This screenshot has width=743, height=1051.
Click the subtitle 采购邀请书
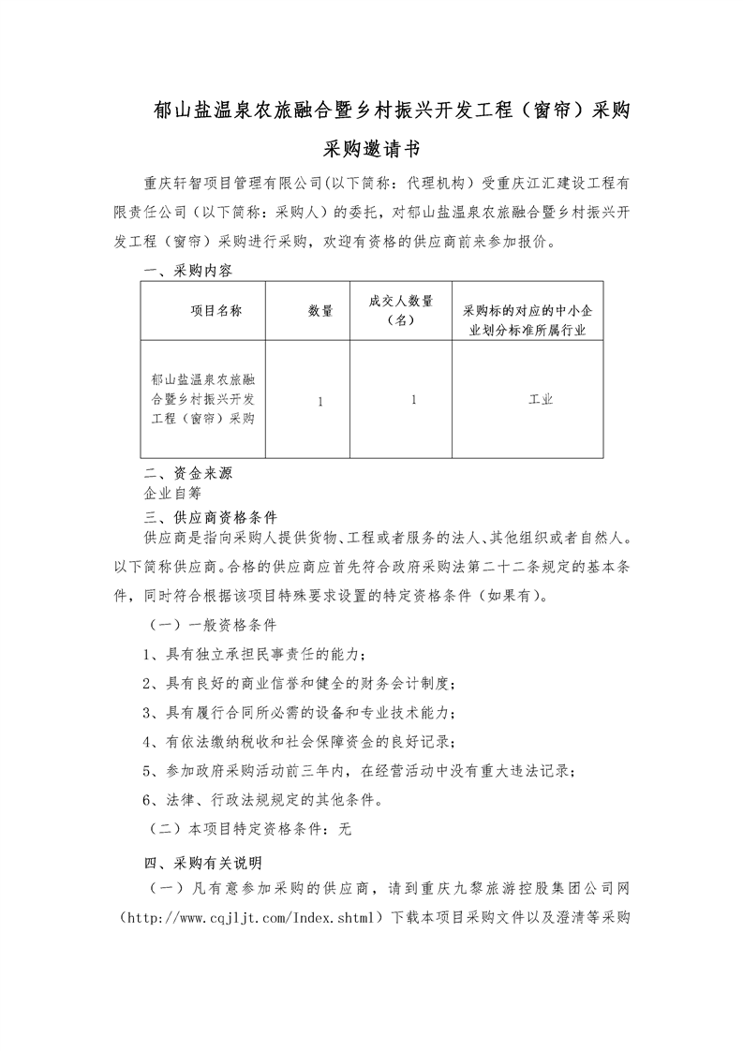(x=371, y=148)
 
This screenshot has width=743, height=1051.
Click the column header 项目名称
(x=216, y=311)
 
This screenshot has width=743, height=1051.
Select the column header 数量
(x=320, y=311)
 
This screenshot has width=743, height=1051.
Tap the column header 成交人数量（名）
(x=401, y=310)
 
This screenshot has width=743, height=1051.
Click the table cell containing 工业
(x=541, y=400)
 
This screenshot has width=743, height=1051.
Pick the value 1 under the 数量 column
(x=320, y=400)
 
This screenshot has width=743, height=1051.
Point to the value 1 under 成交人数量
(x=413, y=400)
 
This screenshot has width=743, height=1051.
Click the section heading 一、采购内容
(x=187, y=271)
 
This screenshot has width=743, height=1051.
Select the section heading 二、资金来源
(x=187, y=473)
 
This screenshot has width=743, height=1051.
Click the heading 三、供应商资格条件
(x=209, y=515)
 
